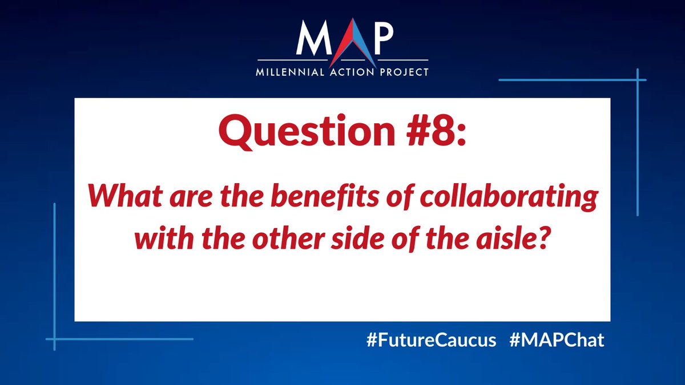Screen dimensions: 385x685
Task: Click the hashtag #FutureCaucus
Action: (431, 341)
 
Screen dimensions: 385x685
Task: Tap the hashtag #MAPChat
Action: (555, 341)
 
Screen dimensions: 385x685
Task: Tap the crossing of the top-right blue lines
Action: (638, 80)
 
